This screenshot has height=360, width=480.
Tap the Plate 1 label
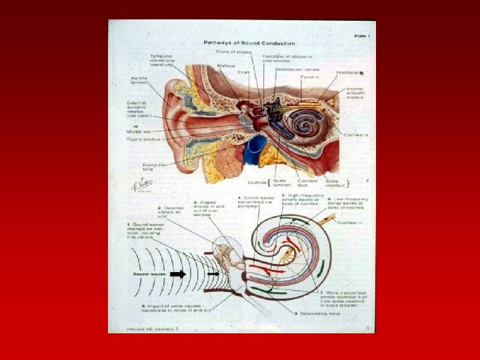(363, 35)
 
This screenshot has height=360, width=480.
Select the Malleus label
(226, 65)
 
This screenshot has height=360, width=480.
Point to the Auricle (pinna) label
(139, 80)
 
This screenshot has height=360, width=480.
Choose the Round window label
(145, 139)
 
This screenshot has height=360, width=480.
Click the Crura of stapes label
(233, 51)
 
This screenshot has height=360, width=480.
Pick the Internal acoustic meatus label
(355, 93)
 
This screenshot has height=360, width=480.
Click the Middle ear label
(140, 132)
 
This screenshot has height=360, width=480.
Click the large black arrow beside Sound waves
(178, 273)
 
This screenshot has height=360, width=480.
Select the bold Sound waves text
(148, 274)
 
